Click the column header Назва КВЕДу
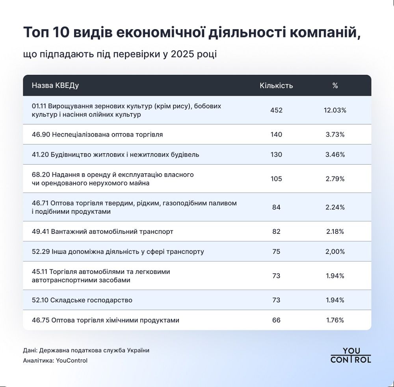coord(55,85)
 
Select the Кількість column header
coord(276,85)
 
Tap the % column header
coord(335,85)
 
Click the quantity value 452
coord(276,110)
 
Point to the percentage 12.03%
coord(335,110)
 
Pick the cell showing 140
coord(276,135)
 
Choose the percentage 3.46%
coord(335,155)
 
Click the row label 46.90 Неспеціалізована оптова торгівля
coord(97,135)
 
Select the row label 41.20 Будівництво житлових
coord(115,155)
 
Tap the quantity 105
coord(276,179)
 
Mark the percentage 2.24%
coord(335,207)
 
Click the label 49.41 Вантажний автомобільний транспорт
coord(102,231)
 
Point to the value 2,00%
coord(335,252)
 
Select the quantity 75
coord(276,252)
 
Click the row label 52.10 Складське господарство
coord(82,300)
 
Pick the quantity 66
coord(276,320)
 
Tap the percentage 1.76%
coord(335,320)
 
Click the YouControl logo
coord(351,355)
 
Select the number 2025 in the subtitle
coord(184,54)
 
